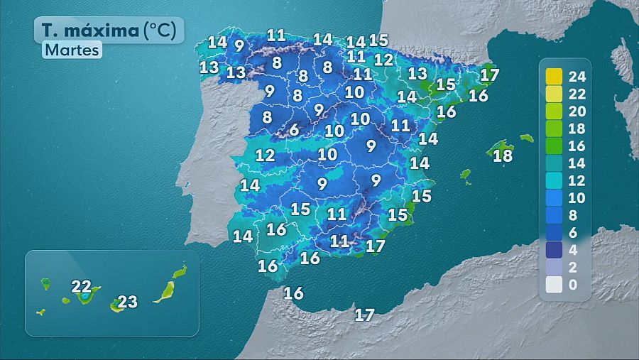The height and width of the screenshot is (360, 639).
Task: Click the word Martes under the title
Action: coord(72,50)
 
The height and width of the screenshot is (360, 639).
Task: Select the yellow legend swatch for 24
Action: coord(554,76)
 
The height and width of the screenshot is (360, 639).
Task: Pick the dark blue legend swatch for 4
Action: coord(554,250)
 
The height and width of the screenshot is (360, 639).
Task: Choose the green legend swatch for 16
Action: coord(554,146)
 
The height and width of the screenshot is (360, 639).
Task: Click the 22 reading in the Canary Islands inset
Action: coord(82,287)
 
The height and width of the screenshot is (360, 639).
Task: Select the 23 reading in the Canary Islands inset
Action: coord(128,302)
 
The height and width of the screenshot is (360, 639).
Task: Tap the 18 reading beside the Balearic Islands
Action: coord(503,156)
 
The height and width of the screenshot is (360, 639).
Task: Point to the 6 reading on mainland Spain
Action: coord(294,131)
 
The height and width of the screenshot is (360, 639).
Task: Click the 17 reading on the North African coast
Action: coord(364,315)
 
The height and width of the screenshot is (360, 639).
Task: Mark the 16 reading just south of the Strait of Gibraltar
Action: coord(293,293)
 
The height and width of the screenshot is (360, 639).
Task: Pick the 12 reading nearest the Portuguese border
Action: coord(265,155)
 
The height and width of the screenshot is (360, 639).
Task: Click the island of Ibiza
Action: coord(465,174)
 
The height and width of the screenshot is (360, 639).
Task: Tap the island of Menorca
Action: coord(526,138)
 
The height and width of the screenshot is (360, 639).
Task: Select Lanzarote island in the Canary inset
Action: coord(180,271)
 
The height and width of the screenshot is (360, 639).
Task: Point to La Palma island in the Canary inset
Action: coord(45,283)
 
